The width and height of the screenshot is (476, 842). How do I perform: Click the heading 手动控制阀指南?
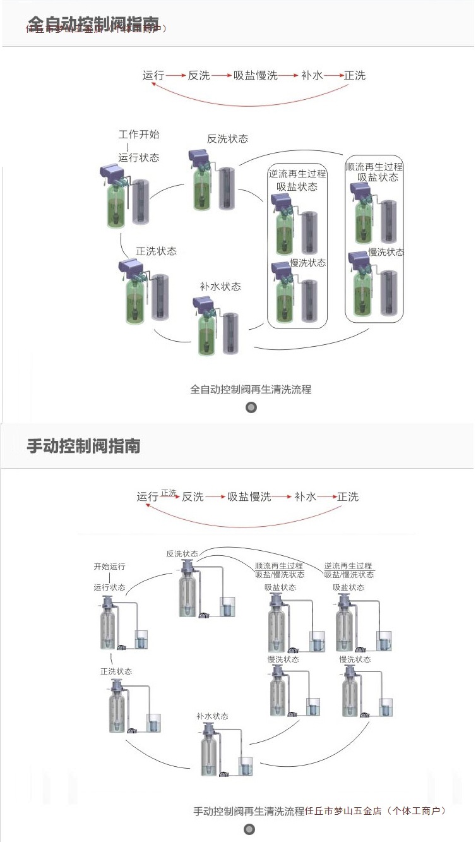(x=83, y=446)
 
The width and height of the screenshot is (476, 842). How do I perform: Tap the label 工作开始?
(x=139, y=135)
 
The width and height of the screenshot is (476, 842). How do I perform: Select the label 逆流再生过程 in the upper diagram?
(x=297, y=174)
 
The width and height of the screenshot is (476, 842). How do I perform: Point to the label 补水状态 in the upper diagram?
(x=220, y=286)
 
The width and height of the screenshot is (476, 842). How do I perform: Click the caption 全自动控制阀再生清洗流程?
(x=251, y=389)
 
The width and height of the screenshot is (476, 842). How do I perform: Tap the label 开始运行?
(x=110, y=567)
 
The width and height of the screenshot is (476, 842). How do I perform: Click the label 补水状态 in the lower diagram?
(x=212, y=716)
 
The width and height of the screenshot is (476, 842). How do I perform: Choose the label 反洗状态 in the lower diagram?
(x=182, y=553)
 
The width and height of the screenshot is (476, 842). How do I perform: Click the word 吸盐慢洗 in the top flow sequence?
(x=256, y=76)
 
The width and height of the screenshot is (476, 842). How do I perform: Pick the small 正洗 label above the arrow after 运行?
(x=169, y=492)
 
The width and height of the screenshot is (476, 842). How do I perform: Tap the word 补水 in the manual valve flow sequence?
(x=305, y=497)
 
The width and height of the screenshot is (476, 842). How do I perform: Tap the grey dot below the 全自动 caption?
(x=251, y=407)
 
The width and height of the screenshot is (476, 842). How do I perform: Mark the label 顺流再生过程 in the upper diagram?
(x=374, y=167)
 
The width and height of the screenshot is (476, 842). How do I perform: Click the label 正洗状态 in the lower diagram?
(x=116, y=671)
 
